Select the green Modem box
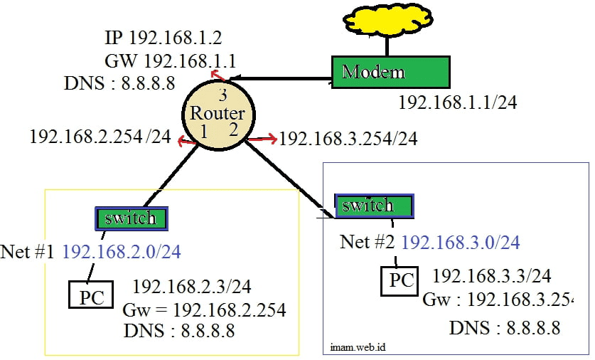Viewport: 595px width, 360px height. point(391,72)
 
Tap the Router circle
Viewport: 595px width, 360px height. point(218,115)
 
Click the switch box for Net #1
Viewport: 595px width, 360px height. point(132,218)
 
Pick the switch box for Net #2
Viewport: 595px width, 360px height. point(374,206)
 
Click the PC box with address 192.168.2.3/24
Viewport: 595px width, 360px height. point(91,295)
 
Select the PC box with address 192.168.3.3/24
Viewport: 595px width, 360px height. point(400,281)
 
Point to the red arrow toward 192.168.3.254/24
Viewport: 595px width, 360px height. point(262,139)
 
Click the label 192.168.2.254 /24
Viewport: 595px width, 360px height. point(100,137)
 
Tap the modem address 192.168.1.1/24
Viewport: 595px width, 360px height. point(458,102)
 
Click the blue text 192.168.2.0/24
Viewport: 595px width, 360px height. point(122,252)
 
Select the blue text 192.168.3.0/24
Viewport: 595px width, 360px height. point(461,243)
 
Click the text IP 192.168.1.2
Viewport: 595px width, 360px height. point(164,38)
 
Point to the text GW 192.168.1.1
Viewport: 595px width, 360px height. point(171,60)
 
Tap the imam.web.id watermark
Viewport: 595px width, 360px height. point(358,347)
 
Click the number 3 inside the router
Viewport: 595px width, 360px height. point(223,95)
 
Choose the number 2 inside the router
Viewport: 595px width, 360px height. point(233,129)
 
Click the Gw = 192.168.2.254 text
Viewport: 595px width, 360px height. point(204,310)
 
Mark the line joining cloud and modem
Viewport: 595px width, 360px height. point(387,47)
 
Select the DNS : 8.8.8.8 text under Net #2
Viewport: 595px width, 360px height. point(505,328)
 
